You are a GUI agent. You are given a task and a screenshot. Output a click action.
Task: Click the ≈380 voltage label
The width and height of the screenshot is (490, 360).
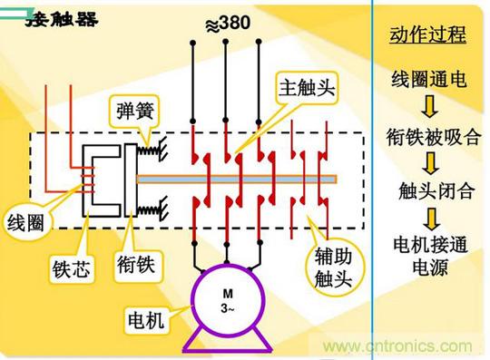point(228,24)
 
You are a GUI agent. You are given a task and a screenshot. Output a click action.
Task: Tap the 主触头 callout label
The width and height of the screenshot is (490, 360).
point(307,87)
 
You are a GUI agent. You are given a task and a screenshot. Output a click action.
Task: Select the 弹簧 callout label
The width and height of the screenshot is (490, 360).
point(134,111)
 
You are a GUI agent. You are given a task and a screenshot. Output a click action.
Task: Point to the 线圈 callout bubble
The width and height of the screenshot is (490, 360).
point(25,222)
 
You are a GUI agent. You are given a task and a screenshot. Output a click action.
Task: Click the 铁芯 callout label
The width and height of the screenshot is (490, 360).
point(72,268)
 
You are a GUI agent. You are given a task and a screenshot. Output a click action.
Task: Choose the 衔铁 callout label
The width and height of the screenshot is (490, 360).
point(136,264)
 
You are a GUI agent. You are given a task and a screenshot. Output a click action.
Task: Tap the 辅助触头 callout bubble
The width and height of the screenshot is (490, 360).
point(334,268)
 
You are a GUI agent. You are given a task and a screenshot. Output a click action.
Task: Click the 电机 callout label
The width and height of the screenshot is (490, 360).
point(146,319)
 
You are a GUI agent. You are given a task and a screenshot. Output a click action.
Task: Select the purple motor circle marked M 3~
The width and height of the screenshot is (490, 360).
point(228,300)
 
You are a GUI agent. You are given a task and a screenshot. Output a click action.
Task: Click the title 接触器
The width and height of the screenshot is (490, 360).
point(63,19)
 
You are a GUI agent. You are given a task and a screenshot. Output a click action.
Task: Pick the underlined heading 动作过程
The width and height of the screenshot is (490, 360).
point(427,34)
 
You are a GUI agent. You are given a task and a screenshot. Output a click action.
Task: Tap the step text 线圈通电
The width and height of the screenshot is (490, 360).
point(428,79)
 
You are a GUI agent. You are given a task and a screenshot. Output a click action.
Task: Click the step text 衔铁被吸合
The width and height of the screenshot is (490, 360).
point(433,136)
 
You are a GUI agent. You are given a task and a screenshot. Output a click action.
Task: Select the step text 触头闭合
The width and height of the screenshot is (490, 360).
point(436,190)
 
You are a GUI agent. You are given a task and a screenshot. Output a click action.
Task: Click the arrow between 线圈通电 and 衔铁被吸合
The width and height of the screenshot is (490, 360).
point(429,106)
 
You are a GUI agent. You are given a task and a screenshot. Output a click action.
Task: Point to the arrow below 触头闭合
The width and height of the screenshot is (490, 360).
point(432,219)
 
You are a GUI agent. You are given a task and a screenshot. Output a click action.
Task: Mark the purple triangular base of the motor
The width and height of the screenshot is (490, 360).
point(227,340)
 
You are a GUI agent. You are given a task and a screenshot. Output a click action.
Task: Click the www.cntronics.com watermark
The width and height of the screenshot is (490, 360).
point(397,346)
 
